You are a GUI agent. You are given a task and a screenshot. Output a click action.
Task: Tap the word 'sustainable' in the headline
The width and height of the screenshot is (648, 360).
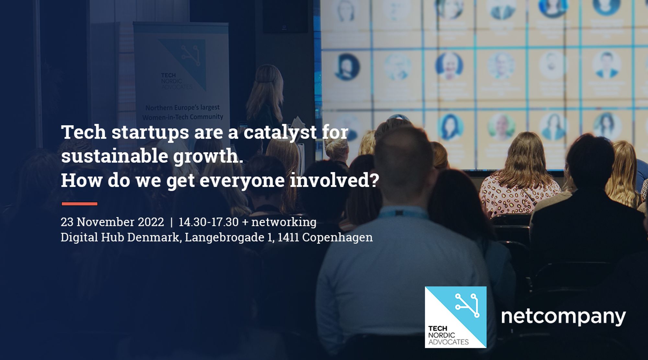(115, 156)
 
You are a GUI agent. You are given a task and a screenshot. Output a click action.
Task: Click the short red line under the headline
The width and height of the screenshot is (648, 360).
(79, 204)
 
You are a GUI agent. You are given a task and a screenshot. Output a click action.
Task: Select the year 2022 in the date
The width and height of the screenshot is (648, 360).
(151, 222)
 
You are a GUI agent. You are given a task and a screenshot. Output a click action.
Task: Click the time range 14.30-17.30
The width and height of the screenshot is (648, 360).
(209, 222)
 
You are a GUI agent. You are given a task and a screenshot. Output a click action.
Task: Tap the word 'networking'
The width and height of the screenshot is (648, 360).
(284, 222)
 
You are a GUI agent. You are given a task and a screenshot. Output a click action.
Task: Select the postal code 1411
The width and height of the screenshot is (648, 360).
(288, 237)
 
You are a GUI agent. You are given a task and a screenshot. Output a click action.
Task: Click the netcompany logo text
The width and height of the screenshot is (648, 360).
(563, 317)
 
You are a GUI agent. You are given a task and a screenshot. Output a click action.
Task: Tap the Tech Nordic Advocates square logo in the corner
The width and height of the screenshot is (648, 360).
(456, 317)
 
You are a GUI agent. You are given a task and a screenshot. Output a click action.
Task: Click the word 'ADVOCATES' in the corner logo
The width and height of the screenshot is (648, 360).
(448, 342)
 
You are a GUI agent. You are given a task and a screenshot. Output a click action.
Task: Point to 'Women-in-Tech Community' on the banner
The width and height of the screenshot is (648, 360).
(183, 117)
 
